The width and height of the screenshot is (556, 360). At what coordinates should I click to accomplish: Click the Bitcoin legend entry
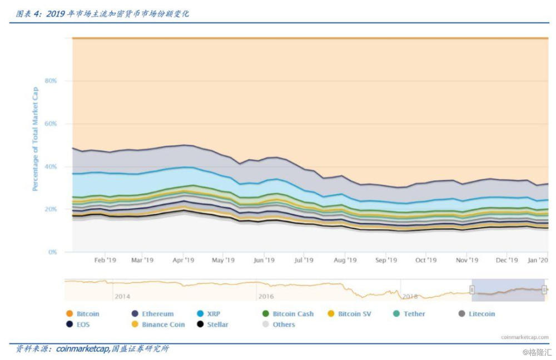tap(83, 314)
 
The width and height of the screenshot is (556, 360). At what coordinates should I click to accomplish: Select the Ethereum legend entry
tap(152, 314)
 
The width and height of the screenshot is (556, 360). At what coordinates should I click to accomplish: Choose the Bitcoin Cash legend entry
tap(287, 314)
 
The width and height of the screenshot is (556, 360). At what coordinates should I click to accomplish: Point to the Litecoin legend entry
tap(476, 314)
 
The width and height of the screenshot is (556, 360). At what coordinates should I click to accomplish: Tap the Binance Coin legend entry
tap(158, 324)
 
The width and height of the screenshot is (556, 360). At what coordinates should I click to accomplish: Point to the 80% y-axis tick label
tap(51, 81)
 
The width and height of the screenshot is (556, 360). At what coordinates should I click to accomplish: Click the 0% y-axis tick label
tap(53, 252)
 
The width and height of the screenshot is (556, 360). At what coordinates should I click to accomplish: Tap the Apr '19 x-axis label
tap(183, 260)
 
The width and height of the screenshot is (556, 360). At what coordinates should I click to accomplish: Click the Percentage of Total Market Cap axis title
tap(35, 139)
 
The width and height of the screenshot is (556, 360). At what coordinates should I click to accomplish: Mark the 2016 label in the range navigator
tap(265, 297)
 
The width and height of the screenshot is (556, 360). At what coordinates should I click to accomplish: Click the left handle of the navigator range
tap(472, 289)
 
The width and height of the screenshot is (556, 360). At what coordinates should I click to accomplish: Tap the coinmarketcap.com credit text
tap(524, 337)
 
